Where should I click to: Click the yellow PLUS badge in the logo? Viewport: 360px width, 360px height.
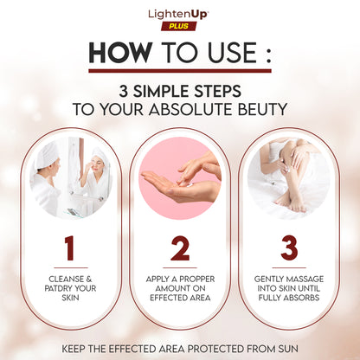point(179,26)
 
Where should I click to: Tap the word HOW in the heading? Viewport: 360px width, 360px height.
point(120,53)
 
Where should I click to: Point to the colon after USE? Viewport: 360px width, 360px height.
point(268,54)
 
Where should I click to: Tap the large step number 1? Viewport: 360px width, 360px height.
point(69,248)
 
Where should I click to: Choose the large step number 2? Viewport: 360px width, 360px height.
point(180,248)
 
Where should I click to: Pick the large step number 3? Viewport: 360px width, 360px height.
point(289,248)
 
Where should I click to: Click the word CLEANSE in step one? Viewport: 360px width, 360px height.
point(67,280)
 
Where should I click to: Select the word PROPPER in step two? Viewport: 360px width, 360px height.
point(197,280)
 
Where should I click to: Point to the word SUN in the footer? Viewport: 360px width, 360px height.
point(288,349)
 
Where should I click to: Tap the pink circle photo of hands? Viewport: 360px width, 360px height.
point(180,178)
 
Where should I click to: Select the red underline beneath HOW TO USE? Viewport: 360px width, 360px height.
point(180,71)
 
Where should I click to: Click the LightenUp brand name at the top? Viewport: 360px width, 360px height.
point(178,15)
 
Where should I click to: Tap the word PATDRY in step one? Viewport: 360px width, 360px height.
point(58,288)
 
